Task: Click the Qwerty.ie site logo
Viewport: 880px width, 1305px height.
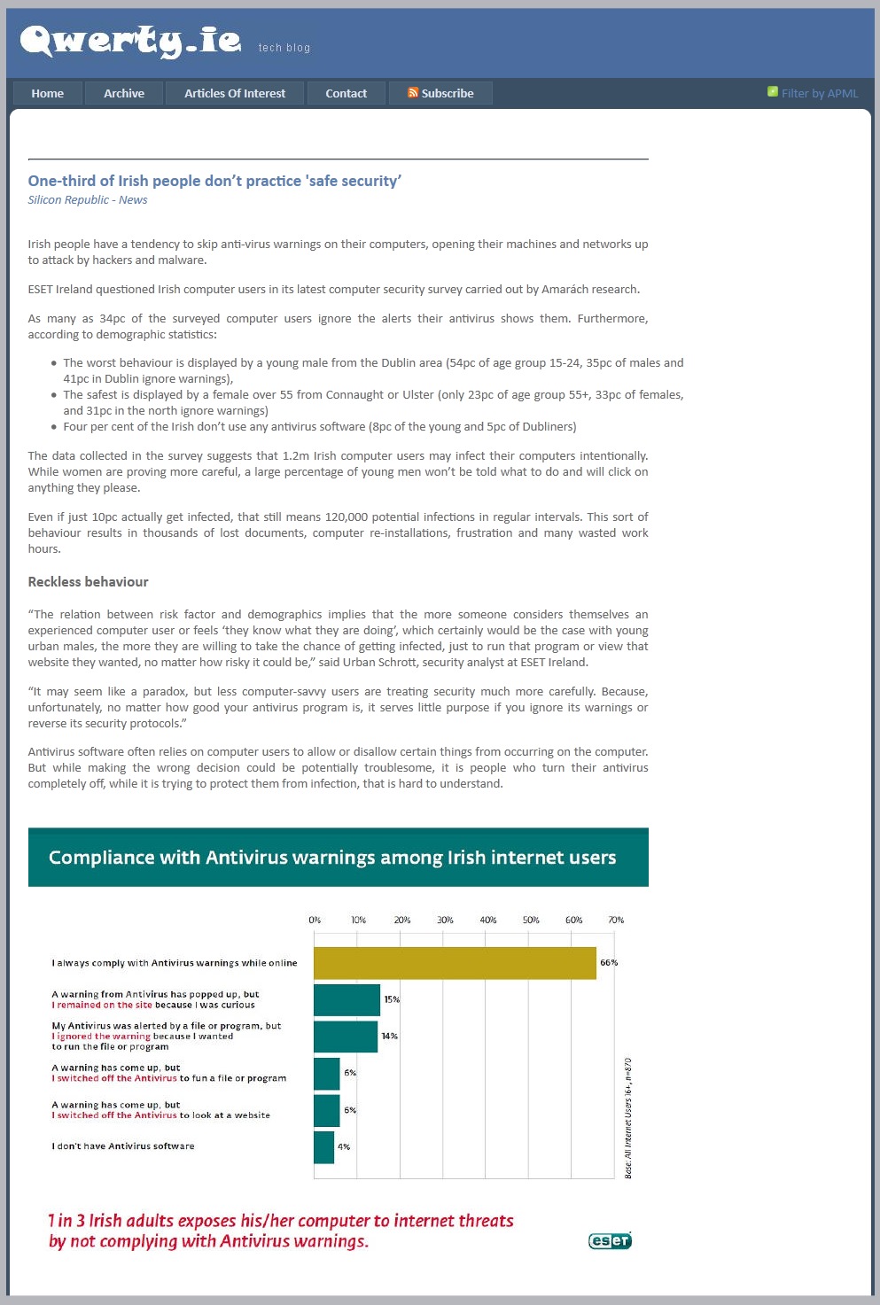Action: click(130, 41)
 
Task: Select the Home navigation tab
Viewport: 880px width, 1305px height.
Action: click(48, 93)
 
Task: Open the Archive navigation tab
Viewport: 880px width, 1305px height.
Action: click(124, 93)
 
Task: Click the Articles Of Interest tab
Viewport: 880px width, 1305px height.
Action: click(235, 93)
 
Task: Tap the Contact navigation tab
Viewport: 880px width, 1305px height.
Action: click(346, 93)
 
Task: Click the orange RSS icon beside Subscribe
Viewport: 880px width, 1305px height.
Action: click(413, 92)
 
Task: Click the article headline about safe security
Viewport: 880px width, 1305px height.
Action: click(214, 181)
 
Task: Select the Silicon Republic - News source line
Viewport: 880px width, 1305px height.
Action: click(88, 200)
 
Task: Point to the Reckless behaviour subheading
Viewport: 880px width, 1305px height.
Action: click(88, 582)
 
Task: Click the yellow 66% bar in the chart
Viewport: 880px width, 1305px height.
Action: click(455, 963)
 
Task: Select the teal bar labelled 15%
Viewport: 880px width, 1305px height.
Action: click(347, 1000)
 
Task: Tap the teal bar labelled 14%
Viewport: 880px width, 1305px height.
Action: click(346, 1037)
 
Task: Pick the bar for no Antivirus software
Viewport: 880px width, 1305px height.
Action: click(323, 1147)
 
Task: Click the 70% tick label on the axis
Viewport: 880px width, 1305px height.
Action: click(616, 920)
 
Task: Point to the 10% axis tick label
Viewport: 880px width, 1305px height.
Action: click(358, 920)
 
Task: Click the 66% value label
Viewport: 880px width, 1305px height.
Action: click(609, 963)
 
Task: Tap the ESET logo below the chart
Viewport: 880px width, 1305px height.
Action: click(610, 1240)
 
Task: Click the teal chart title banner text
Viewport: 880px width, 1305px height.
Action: click(332, 858)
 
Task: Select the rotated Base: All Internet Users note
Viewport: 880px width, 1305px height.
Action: click(628, 1118)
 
